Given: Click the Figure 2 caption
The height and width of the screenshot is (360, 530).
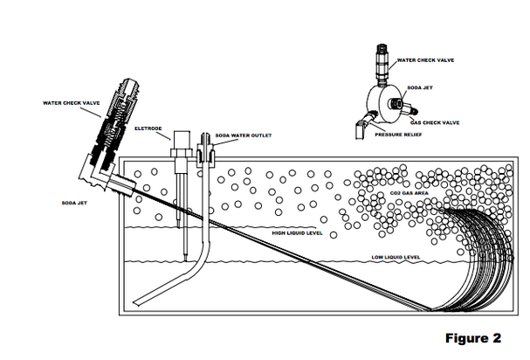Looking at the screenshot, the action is coord(473,338).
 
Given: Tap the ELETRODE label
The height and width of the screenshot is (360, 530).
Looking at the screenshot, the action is coord(148,128).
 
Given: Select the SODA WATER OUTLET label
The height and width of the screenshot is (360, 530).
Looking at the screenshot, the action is coord(244,135).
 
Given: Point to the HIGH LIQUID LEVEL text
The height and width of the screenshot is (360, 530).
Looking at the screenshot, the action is coord(297,233).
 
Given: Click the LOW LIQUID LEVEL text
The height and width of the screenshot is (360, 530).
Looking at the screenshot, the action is coord(396,257).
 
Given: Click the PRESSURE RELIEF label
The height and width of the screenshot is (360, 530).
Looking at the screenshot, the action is coord(398,135).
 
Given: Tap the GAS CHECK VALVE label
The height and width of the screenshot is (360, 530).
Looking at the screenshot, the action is coord(435,122).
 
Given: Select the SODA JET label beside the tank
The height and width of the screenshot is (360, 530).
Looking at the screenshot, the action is coord(74,203).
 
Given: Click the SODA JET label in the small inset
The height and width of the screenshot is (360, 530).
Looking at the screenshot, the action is coord(420,87).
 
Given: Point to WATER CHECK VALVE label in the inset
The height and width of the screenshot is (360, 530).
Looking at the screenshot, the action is coord(425,60).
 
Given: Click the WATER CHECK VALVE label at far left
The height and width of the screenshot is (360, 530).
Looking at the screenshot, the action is coord(72,103).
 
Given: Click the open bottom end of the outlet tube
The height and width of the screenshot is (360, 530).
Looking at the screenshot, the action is coord(137,302).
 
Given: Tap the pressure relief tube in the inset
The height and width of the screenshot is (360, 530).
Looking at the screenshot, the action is coord(363,125).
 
